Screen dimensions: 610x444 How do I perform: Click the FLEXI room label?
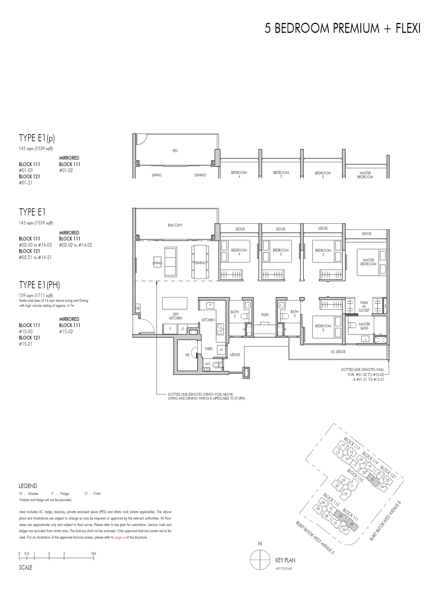coord(264,315)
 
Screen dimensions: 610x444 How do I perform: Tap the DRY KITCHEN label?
coord(176,316)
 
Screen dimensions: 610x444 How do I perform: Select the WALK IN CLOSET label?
coord(364,306)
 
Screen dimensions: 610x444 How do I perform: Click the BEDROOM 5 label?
coord(323,328)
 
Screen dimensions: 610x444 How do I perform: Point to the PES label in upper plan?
coord(175,151)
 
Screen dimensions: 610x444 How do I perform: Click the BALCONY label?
coord(175,225)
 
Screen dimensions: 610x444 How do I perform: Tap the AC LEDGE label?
coord(338,352)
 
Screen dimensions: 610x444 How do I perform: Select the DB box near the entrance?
coord(138,308)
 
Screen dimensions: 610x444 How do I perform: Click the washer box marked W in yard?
coord(221,349)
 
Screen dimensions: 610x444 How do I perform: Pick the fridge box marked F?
coord(170,329)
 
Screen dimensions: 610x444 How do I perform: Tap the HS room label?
coord(187,355)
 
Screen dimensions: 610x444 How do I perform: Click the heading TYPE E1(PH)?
coord(39,285)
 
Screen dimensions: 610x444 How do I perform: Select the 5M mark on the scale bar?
coord(94,553)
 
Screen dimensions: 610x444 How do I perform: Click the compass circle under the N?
coord(260,560)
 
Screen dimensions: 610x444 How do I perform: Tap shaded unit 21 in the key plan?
coord(372,479)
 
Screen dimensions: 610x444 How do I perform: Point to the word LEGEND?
coord(28,486)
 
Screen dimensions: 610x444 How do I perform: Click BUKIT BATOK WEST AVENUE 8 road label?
coord(385,521)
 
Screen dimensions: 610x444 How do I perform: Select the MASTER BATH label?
coord(364,326)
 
